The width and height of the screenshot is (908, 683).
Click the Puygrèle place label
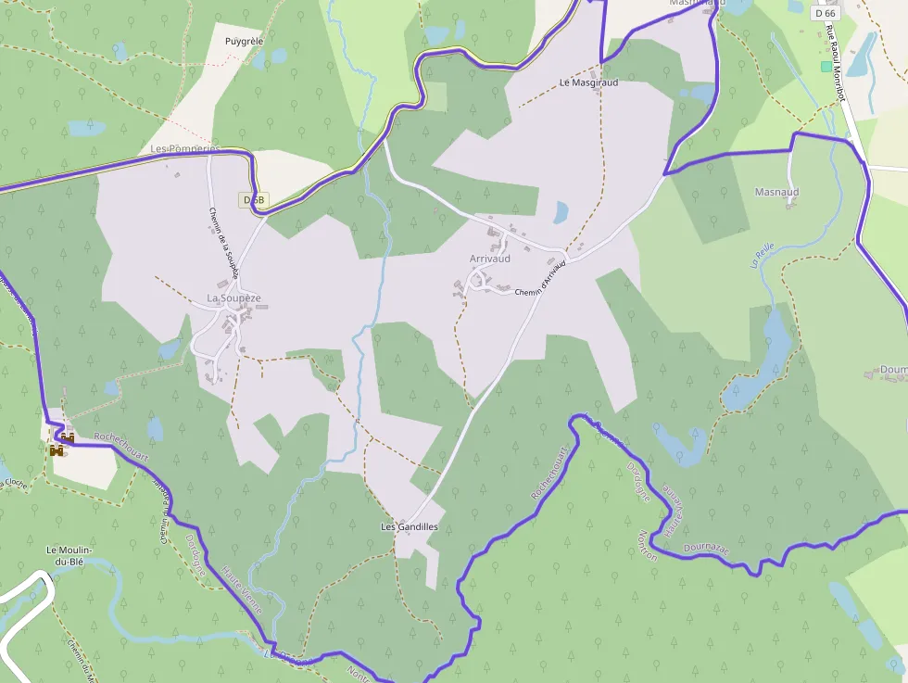click(245, 42)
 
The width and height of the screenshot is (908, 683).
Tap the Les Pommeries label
click(186, 148)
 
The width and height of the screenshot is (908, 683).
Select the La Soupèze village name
click(233, 298)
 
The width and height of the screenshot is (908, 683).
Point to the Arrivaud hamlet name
click(490, 259)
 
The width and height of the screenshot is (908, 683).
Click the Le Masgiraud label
click(588, 82)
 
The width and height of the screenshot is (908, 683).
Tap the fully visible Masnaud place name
click(776, 192)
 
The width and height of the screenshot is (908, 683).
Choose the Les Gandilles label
click(409, 526)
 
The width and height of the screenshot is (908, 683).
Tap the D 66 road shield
click(824, 13)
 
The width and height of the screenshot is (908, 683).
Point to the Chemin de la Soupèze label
click(223, 243)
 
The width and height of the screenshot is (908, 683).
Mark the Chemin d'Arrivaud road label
click(539, 282)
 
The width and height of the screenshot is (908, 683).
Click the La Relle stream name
click(763, 256)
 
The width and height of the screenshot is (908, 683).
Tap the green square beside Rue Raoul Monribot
click(826, 67)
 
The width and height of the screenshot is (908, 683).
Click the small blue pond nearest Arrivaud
click(561, 213)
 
